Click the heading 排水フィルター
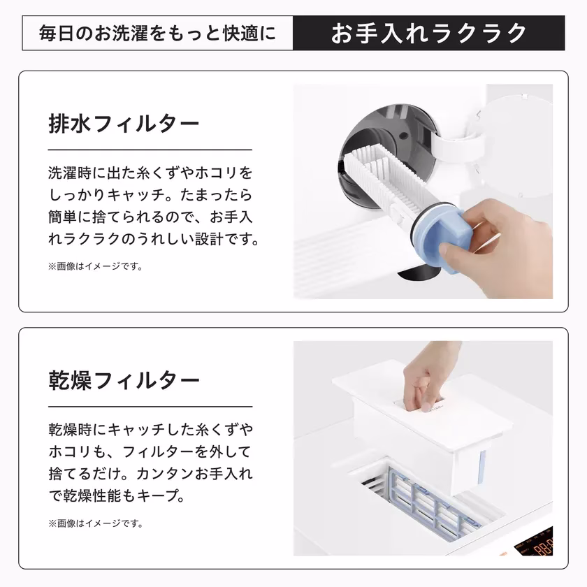(124, 124)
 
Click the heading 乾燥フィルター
(124, 381)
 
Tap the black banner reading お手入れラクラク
(428, 33)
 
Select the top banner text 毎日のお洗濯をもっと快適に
(157, 33)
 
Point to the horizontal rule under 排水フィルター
(150, 150)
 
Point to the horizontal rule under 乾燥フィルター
(150, 407)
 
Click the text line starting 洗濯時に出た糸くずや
(150, 172)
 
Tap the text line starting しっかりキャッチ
(150, 194)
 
